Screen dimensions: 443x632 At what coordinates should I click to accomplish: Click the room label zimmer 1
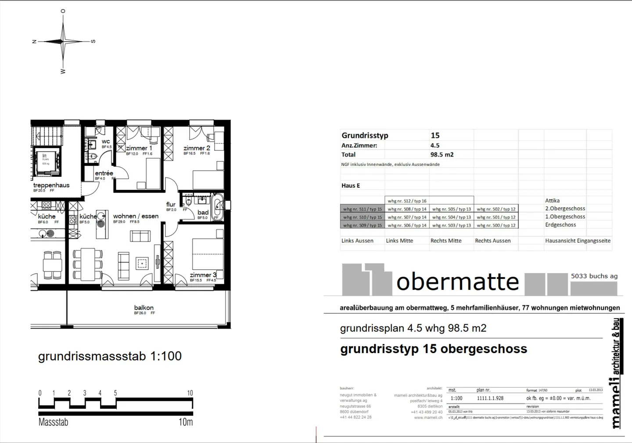(x=139, y=148)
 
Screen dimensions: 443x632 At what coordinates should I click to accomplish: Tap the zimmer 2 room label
(x=197, y=148)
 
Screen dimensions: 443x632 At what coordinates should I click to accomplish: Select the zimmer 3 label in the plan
(x=203, y=275)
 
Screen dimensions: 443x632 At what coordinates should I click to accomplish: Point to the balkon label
(x=144, y=307)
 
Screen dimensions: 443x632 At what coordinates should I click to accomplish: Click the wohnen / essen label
(x=136, y=216)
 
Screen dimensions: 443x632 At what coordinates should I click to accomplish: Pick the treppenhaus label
(x=51, y=185)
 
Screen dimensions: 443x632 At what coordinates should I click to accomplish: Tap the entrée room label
(x=104, y=173)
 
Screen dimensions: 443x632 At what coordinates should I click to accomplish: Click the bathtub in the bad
(x=217, y=208)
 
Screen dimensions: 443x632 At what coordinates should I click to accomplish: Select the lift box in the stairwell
(x=46, y=159)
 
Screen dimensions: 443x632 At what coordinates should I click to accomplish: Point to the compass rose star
(x=64, y=42)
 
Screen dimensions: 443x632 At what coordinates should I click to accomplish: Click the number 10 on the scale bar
(x=190, y=393)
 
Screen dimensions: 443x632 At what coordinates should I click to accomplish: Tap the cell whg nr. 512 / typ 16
(x=407, y=201)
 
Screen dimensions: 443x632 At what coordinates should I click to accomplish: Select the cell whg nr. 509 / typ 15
(x=363, y=225)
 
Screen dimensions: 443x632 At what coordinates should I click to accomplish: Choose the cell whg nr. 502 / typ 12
(x=496, y=209)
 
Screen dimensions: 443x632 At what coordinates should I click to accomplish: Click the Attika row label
(x=552, y=200)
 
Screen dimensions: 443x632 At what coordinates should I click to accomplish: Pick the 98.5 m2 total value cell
(x=442, y=154)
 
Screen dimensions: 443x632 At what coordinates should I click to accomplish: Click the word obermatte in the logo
(x=457, y=282)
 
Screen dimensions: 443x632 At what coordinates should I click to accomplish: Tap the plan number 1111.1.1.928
(x=490, y=398)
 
